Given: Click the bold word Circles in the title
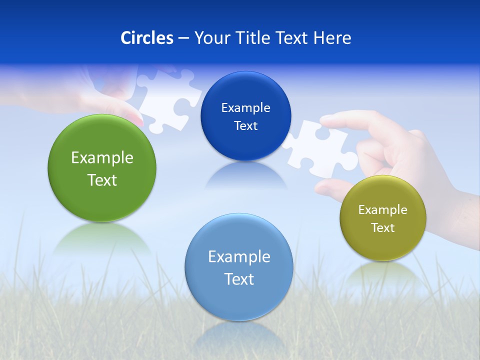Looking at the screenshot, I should click(x=147, y=38).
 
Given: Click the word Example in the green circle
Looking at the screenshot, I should click(x=102, y=158).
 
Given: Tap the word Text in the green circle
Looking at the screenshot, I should click(x=102, y=180).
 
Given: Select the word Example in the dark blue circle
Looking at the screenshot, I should click(x=245, y=108).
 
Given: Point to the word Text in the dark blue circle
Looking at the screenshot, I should click(x=245, y=126).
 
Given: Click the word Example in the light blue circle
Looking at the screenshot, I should click(x=239, y=257).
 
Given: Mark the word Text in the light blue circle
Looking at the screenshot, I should click(x=239, y=279).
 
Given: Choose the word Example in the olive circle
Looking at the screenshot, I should click(x=383, y=210).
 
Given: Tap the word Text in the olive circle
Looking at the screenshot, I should click(x=383, y=228).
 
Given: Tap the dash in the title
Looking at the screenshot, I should click(x=183, y=38).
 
